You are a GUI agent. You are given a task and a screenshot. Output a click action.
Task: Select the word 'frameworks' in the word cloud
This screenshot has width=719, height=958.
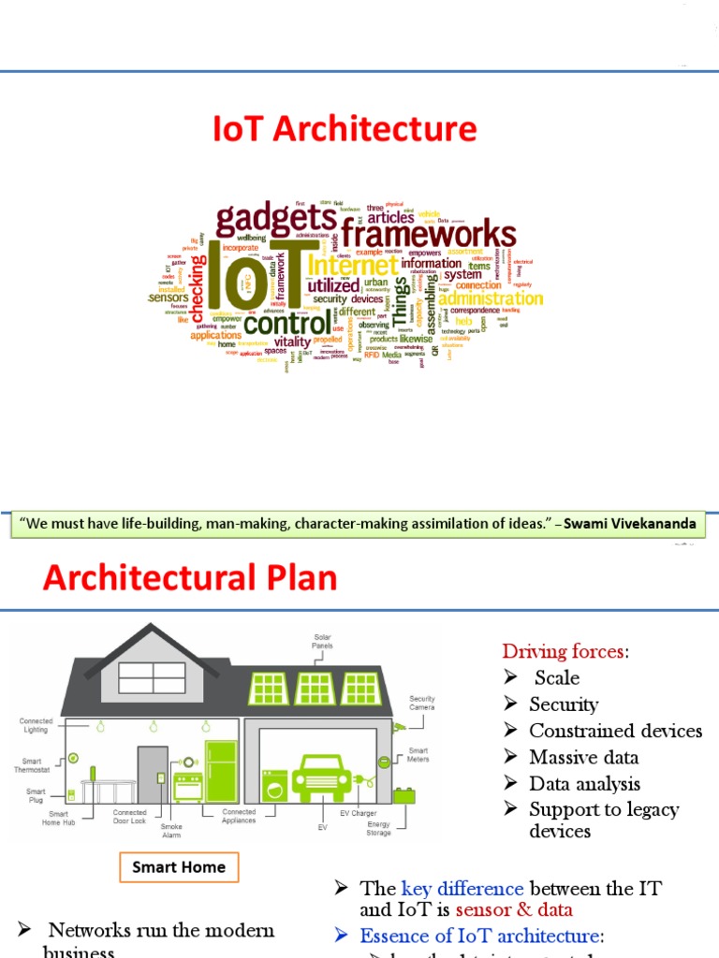pos(428,234)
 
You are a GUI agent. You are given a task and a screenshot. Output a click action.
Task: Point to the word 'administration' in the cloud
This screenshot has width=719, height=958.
pos(491,298)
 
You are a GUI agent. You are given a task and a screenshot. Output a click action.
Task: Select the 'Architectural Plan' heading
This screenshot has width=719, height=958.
pos(190,577)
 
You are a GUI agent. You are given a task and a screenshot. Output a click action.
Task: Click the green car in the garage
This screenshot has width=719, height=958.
pos(322,776)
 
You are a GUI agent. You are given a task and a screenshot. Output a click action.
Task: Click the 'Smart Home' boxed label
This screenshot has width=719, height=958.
pos(179,867)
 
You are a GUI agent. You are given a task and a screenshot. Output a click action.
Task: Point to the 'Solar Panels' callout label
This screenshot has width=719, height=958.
pos(322,641)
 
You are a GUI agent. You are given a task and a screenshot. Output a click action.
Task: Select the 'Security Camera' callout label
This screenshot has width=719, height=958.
pos(422,704)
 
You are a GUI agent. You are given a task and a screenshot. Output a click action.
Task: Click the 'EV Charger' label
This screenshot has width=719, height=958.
pos(358,813)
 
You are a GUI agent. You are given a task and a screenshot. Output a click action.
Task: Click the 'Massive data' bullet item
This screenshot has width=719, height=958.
pos(584,757)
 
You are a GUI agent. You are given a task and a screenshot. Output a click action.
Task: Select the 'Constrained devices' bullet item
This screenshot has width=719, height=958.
pos(615,731)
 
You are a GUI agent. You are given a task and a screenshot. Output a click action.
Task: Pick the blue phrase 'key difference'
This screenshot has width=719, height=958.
pos(448,889)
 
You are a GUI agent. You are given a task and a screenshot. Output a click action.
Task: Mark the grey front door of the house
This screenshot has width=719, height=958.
pos(152,775)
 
